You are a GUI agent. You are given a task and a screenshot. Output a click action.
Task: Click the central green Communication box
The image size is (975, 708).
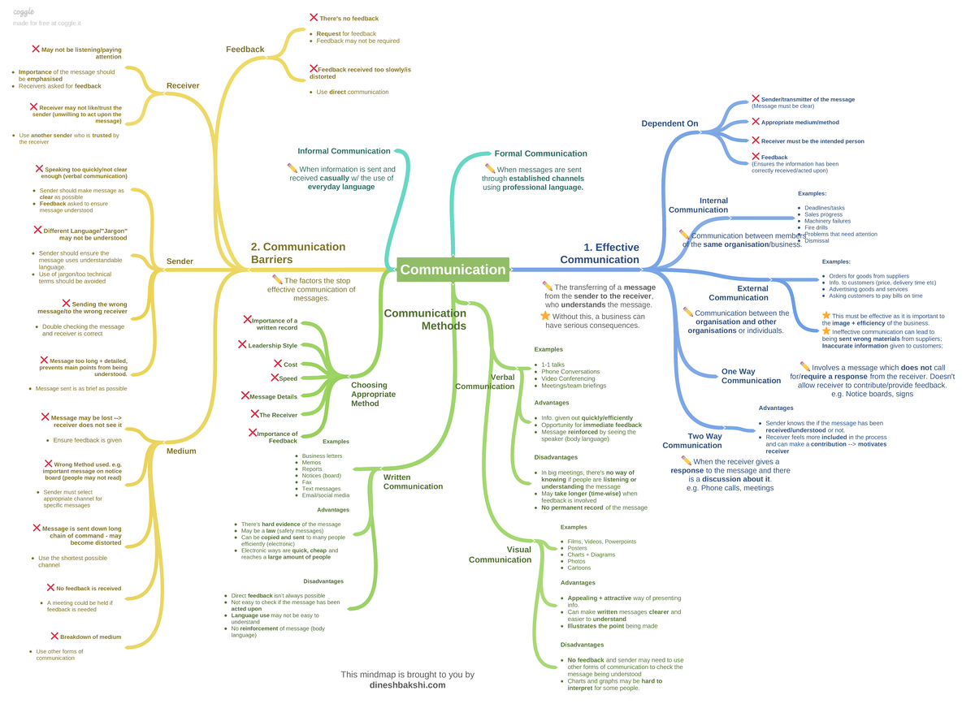453,270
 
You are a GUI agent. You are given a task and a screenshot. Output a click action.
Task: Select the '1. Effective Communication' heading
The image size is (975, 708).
600,253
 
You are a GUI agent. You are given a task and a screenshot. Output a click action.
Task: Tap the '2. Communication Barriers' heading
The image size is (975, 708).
298,253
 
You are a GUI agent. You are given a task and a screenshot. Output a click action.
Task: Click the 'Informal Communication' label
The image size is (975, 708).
344,151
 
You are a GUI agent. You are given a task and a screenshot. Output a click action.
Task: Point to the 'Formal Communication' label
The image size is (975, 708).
540,153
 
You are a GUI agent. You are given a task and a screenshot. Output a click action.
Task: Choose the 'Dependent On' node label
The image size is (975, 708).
669,123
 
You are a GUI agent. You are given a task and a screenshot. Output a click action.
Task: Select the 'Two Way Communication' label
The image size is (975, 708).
692,441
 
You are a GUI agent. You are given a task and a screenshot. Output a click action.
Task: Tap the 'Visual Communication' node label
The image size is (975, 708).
500,555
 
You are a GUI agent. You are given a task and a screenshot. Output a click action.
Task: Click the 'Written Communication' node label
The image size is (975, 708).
413,482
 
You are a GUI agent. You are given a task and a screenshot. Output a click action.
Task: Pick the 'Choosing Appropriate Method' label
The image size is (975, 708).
374,394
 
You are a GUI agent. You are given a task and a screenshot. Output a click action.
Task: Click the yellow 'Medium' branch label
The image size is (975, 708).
180,451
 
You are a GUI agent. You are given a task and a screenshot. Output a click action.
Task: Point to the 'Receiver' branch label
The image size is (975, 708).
183,85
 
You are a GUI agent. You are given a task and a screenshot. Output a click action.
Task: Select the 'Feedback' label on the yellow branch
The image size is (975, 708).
245,50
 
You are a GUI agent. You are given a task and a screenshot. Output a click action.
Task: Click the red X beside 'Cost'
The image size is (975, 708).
278,364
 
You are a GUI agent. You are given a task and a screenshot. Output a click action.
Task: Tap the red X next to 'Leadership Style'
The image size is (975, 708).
242,344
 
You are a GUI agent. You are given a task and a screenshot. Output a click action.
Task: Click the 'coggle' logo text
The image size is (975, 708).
24,13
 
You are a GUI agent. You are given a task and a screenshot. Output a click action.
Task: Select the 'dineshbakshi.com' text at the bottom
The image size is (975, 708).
407,684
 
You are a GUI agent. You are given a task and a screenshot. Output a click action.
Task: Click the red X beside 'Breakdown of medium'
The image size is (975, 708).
54,636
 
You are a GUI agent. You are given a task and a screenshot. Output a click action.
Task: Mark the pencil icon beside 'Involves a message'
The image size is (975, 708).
804,366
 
